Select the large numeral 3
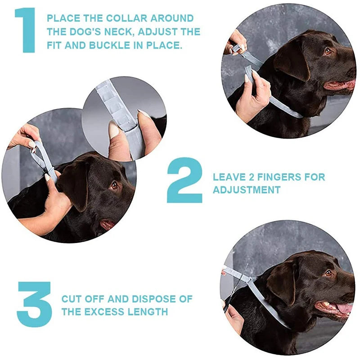point(34,304)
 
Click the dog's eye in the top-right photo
point(328,51)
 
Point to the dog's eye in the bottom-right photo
point(328,273)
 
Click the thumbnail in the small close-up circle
point(113,130)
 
